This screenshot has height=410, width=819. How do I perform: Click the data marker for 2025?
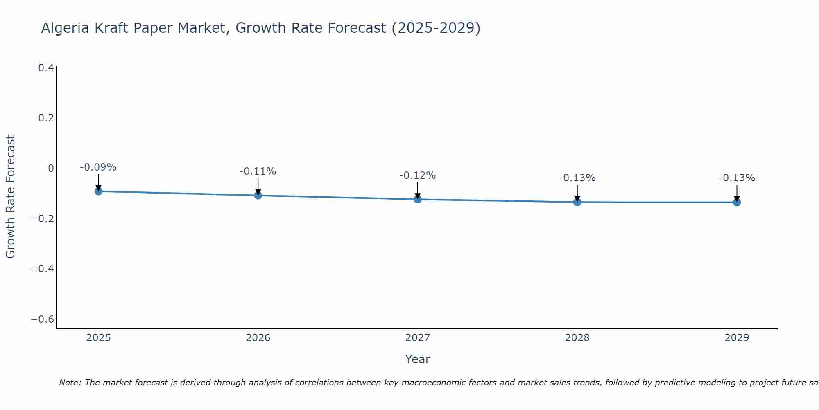click(98, 191)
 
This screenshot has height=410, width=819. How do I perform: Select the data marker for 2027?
click(418, 199)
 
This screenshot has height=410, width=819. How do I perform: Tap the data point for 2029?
click(737, 202)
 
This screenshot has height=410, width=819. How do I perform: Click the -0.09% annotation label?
click(98, 167)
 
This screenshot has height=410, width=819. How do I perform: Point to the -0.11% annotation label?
click(258, 171)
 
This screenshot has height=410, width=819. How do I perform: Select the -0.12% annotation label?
click(418, 175)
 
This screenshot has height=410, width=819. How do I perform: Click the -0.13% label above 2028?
click(577, 178)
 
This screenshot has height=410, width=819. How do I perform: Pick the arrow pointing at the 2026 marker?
click(258, 186)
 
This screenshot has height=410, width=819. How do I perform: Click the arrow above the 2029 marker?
click(737, 193)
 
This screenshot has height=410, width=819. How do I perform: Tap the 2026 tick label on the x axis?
click(258, 338)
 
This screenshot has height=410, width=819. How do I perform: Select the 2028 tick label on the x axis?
click(577, 338)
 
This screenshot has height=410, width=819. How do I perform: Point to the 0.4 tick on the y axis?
click(46, 68)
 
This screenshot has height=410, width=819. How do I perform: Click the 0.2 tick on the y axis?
click(46, 118)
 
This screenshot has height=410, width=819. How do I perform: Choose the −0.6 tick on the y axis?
click(43, 319)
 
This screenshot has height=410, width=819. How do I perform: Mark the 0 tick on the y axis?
click(51, 169)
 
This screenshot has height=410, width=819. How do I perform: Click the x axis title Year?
click(417, 359)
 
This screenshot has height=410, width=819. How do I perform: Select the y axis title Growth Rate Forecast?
click(10, 197)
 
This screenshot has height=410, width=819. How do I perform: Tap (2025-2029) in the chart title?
click(436, 28)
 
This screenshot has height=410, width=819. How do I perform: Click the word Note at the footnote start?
click(70, 383)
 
